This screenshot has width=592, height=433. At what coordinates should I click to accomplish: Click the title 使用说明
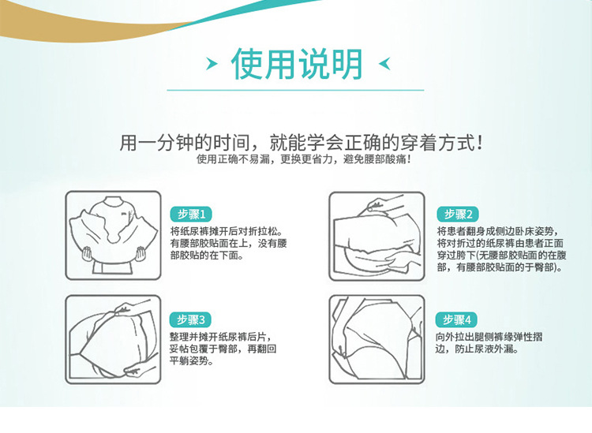pos(297,64)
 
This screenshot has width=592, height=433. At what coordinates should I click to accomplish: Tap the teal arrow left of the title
pos(212,64)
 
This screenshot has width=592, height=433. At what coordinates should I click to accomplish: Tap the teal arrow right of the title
pos(384,64)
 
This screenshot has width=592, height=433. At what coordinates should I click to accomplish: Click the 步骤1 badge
pos(191,215)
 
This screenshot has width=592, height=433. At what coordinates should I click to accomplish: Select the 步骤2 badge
pos(458,215)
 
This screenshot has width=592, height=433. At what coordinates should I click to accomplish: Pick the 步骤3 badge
pos(190,320)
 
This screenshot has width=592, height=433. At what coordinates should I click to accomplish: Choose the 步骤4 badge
pos(456,320)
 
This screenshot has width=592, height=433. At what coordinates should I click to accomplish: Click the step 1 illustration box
pos(113,235)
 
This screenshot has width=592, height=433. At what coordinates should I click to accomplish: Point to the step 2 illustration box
pos(377,236)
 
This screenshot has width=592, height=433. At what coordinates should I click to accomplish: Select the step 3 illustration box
pos(113,339)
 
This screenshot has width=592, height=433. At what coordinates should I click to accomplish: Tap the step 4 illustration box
pos(377,339)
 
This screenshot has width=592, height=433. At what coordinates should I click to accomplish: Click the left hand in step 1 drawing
pos(87,253)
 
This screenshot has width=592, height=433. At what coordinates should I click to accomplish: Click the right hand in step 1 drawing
pos(141,253)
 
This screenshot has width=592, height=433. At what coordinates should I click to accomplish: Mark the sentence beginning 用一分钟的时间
pos(301,143)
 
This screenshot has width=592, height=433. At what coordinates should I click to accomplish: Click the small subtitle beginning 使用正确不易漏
pos(303,159)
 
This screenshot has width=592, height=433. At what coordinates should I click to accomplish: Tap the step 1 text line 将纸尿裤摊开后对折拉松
pos(227,231)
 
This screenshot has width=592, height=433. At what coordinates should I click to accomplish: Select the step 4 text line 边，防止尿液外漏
pos(478,349)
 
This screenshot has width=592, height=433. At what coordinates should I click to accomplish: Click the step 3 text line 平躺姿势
pos(192,361)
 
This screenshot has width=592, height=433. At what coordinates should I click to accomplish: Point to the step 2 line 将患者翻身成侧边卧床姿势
pos(497,231)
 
